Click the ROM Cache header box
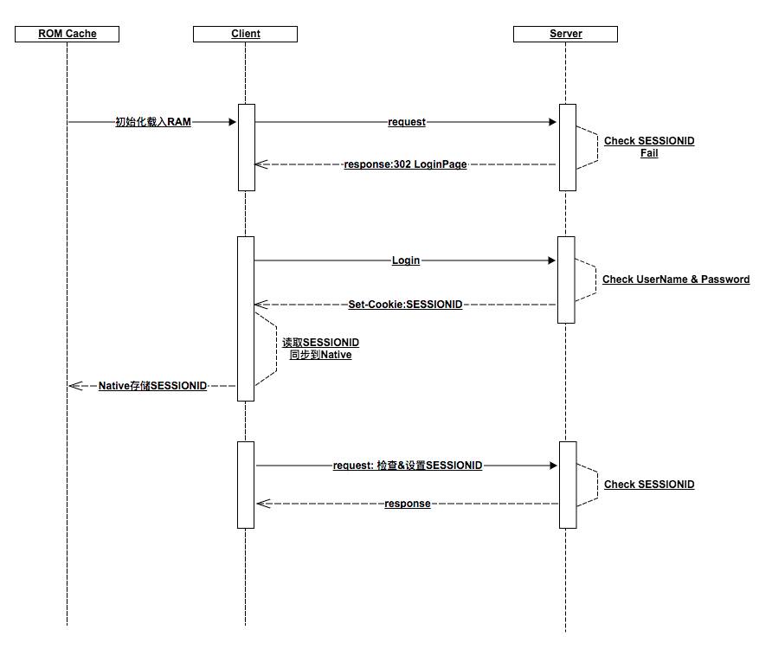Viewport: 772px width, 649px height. (x=68, y=34)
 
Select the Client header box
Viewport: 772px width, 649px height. (x=246, y=34)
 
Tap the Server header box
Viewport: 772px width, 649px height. (x=566, y=34)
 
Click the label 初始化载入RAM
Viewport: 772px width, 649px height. (x=153, y=122)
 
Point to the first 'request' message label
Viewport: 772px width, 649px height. (x=407, y=122)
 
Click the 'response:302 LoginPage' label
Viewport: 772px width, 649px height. (x=405, y=164)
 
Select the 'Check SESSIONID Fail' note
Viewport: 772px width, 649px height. (x=649, y=146)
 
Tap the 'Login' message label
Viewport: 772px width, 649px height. (x=406, y=260)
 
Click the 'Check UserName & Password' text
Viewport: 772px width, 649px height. (x=676, y=280)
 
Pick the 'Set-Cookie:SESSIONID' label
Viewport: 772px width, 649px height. (x=405, y=305)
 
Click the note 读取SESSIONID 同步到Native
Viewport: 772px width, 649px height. (x=320, y=349)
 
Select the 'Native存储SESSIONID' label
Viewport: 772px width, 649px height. (x=152, y=385)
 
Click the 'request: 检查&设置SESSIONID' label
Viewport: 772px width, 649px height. (x=408, y=466)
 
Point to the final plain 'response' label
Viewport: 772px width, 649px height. (x=408, y=504)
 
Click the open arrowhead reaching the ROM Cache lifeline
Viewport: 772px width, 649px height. (x=74, y=385)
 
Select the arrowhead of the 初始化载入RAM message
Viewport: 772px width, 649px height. (x=233, y=122)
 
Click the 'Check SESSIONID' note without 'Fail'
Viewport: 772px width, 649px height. (x=649, y=485)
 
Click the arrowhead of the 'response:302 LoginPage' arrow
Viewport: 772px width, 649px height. (x=261, y=164)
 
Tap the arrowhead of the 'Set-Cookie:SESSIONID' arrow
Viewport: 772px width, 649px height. (x=261, y=305)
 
